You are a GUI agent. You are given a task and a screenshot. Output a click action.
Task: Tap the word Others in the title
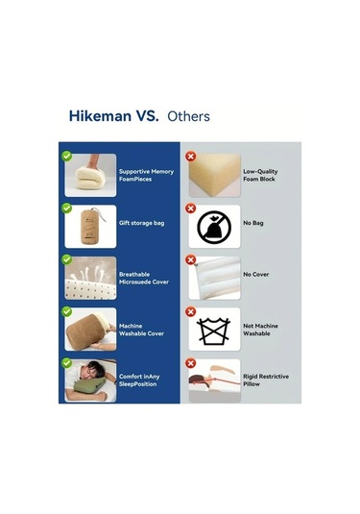point(188,116)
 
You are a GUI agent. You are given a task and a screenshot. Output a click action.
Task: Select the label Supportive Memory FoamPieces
point(146,176)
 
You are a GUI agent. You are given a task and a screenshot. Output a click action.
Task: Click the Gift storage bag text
point(141,223)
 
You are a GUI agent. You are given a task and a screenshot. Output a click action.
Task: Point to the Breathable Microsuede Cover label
point(144,279)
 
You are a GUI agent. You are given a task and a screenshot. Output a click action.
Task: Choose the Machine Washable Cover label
point(141,330)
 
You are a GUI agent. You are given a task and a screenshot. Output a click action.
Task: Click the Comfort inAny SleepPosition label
point(139,380)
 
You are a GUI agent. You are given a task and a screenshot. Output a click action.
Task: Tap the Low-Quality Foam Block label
point(260,176)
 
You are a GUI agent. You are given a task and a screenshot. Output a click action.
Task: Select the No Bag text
point(253,223)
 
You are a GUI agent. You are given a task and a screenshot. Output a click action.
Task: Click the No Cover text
point(255,275)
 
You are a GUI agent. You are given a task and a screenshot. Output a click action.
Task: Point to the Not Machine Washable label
point(260,330)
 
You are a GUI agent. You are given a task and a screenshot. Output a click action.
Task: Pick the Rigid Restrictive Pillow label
point(266,380)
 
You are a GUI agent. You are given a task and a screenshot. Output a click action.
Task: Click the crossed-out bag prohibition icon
point(214,228)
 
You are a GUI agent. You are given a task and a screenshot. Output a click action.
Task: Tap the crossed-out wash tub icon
point(213,330)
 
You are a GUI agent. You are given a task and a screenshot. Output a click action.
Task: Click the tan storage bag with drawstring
point(90,226)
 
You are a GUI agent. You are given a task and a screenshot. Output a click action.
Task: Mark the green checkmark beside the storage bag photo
point(67,208)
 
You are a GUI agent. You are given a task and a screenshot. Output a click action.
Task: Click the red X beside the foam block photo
point(191,157)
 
